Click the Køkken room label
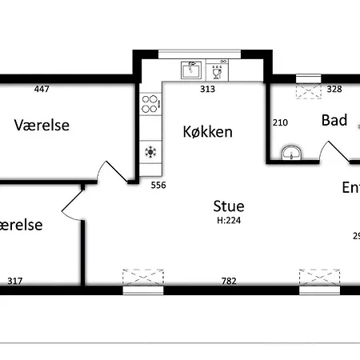207,132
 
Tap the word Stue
229,206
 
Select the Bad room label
334,121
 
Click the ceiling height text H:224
229,221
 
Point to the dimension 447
42,89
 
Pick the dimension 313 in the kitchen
207,89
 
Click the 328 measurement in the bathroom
334,89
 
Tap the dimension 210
280,122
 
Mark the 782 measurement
229,281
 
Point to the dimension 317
14,281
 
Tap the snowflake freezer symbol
150,150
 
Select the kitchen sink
191,70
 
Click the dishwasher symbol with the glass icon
216,70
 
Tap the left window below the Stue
143,280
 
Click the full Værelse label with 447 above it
42,126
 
